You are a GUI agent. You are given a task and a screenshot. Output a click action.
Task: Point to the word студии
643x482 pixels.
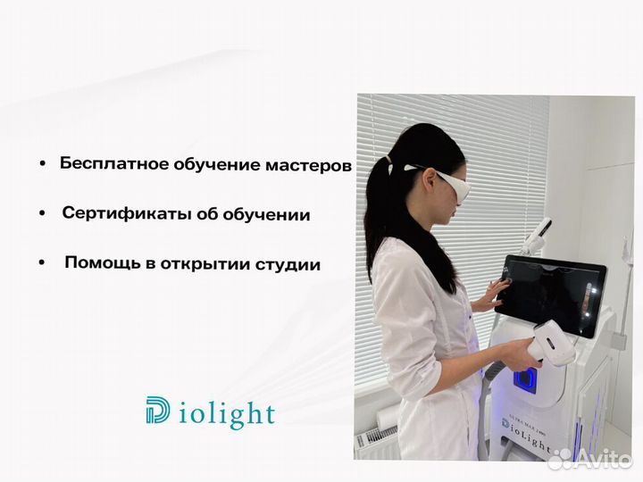[288, 265]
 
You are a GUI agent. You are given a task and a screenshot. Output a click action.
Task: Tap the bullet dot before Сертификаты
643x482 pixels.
[43, 215]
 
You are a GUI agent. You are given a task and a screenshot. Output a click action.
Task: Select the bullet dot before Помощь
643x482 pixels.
[42, 265]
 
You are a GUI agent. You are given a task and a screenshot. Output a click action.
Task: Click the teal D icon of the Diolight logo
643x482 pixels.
[157, 411]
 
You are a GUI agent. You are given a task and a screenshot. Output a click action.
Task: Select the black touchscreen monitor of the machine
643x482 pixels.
[555, 294]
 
